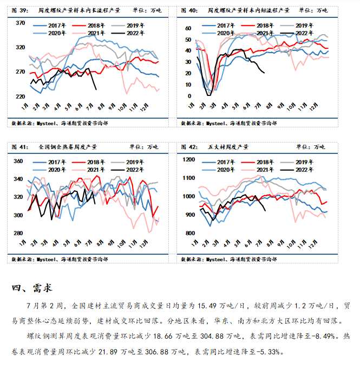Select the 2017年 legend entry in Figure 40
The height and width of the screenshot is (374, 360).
(226, 26)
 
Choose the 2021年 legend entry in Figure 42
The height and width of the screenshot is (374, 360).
(265, 170)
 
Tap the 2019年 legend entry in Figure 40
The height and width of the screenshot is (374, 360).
(304, 26)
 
